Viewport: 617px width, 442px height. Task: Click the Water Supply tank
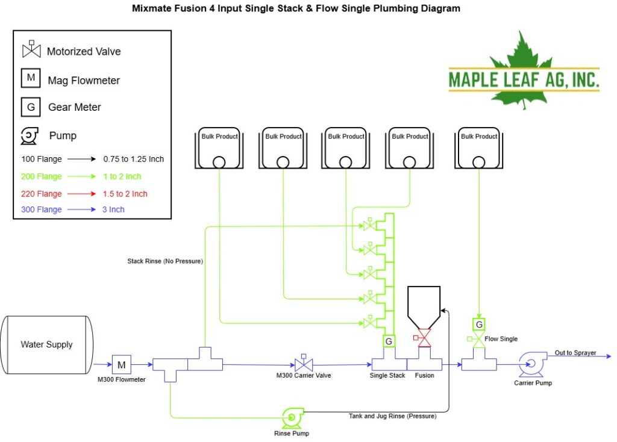click(47, 344)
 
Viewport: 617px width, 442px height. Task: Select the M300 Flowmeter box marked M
click(122, 364)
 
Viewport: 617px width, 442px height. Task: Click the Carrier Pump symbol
click(533, 364)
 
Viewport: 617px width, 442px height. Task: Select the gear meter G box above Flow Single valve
click(479, 325)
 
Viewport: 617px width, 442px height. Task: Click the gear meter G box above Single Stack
click(389, 341)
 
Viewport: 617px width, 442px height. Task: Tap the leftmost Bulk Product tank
click(219, 148)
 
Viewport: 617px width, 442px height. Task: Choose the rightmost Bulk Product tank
click(479, 148)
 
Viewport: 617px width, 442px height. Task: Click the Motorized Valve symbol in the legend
click(31, 49)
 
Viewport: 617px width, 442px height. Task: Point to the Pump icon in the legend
click(30, 135)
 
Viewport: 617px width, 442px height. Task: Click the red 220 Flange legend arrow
click(81, 193)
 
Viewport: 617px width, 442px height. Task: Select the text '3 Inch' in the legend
click(113, 210)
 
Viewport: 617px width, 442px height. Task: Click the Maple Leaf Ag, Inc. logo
click(524, 72)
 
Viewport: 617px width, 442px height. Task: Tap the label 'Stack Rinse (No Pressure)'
click(165, 261)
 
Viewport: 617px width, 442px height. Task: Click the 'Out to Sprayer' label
click(575, 353)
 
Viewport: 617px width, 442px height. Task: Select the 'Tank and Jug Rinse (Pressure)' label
click(393, 416)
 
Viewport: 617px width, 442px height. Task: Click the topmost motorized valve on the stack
click(370, 225)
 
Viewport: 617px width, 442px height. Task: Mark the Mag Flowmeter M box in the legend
click(31, 78)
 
